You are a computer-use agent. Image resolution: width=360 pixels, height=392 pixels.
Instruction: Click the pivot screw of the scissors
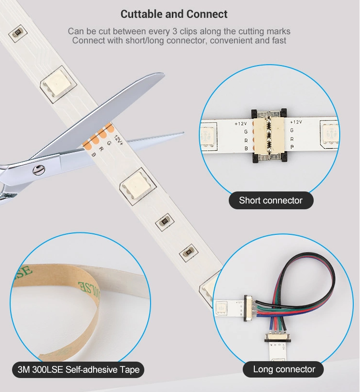pos(39,170)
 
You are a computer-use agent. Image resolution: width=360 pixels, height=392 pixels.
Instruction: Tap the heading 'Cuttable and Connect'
pos(174,14)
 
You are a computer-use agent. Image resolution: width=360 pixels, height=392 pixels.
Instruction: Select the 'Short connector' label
pos(271,200)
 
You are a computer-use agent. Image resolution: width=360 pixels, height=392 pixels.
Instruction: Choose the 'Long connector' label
pos(284,369)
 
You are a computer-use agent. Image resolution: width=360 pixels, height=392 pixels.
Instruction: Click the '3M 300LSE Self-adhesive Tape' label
pos(78,369)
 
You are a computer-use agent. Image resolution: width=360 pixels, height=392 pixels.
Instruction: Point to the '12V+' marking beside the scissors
pos(119,140)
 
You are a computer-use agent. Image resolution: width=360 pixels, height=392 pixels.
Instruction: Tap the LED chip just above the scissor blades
pos(58,84)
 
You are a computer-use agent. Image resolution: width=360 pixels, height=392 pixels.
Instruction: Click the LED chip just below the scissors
pos(138,186)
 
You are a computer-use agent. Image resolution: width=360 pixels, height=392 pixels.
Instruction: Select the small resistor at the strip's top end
pos(18,33)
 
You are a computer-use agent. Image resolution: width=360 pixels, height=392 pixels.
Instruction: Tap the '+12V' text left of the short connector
pos(241,123)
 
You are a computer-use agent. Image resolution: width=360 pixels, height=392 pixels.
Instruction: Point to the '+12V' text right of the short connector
pos(296,122)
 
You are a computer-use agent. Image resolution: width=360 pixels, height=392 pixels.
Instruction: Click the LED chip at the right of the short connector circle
pos(330,134)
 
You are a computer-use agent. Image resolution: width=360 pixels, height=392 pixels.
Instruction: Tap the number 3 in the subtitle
pos(175,31)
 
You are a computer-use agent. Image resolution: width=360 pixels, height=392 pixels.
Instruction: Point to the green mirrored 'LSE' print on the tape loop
pos(89,287)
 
